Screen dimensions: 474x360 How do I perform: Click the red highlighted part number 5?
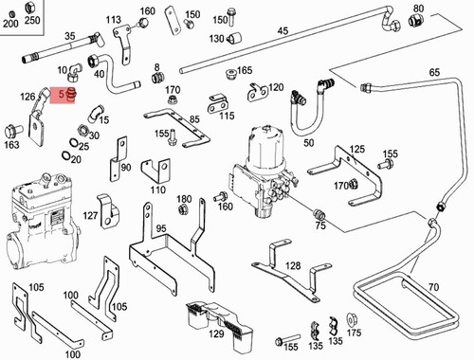pos(62,94)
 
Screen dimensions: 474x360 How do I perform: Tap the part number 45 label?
pos(283,31)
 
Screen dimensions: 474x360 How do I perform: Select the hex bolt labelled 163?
pos(13,131)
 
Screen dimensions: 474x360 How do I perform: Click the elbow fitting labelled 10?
pos(74,72)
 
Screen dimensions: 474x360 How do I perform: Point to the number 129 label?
pos(216,333)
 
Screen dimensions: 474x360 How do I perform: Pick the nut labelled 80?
pos(414,21)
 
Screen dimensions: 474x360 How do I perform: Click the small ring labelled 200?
pos(12,14)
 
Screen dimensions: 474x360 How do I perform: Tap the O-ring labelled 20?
pos(66,156)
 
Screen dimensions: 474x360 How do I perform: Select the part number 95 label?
pos(161,228)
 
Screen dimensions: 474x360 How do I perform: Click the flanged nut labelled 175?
pos(351,320)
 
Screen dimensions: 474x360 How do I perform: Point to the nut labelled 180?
pos(182,209)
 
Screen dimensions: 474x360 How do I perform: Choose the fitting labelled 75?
pos(319,214)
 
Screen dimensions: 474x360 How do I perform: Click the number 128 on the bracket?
pos(293,265)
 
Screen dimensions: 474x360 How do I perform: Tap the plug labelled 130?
pos(234,38)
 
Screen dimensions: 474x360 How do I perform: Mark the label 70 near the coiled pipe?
pos(434,287)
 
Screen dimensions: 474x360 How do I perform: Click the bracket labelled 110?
pos(155,171)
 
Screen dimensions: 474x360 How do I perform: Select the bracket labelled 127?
pos(108,211)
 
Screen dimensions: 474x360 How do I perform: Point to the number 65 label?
pos(434,72)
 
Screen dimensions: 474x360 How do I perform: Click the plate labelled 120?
pos(257,92)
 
